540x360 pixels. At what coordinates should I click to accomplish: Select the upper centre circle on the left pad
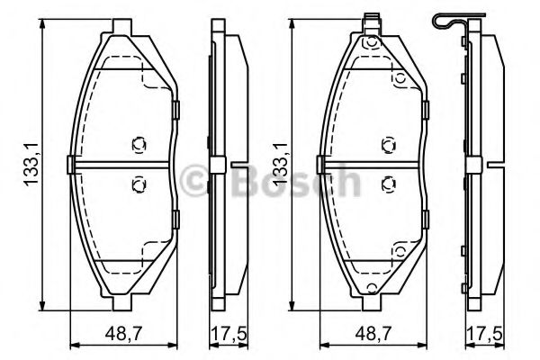click(138, 143)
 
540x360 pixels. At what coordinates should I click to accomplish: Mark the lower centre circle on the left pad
click(138, 184)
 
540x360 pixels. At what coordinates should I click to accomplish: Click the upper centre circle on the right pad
click(387, 143)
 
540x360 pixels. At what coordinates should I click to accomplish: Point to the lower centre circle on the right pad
click(387, 184)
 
